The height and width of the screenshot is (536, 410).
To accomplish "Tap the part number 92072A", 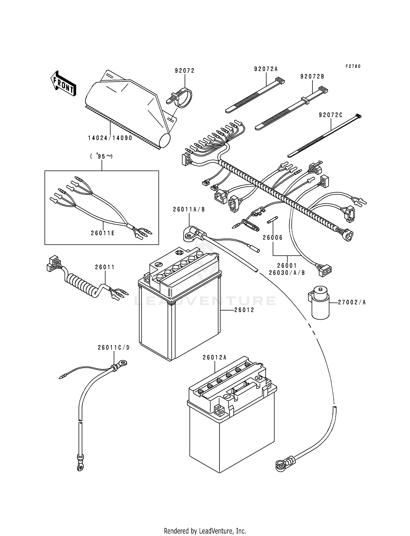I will (x=266, y=69).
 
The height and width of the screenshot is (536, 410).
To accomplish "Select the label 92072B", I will (x=312, y=77).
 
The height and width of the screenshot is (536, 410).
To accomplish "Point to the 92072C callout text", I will (x=330, y=115).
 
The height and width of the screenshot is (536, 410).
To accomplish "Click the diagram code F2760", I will (x=353, y=66).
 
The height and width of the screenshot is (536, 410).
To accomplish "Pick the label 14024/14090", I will (x=110, y=138).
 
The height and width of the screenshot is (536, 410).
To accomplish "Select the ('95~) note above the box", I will (x=101, y=157).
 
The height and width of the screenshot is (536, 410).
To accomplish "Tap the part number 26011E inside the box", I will (x=103, y=233).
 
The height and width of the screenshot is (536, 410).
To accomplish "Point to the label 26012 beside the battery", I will (x=244, y=310).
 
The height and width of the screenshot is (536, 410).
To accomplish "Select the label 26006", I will (x=273, y=238).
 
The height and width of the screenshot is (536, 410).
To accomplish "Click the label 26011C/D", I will (x=114, y=347).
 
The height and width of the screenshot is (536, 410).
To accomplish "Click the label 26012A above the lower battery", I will (x=215, y=357).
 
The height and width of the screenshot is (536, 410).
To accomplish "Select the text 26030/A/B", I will (x=287, y=273).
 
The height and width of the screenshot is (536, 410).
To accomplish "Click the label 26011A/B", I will (x=189, y=210).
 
